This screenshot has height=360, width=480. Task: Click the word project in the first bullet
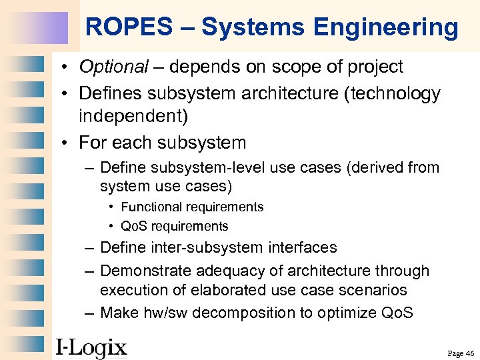377,67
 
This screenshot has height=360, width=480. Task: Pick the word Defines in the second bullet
108,94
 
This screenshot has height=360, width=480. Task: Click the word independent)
133,116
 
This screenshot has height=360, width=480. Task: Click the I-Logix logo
91,347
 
